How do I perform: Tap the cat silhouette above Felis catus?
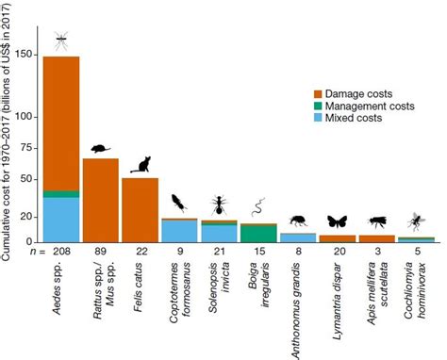point(140,165)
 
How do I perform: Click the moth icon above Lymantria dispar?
point(337,222)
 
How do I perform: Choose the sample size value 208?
point(61,253)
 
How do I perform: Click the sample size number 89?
point(101,253)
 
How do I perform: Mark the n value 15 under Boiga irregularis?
point(257,253)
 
